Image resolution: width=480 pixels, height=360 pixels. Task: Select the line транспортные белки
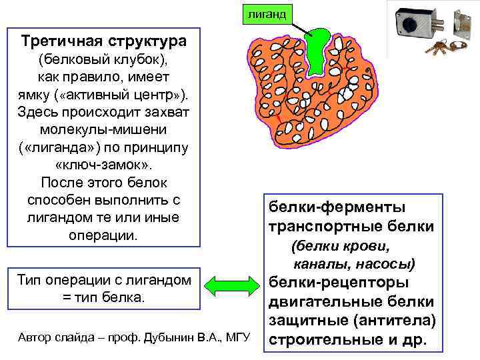pos(351,227)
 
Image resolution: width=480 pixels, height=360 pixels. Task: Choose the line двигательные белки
pos(351,302)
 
